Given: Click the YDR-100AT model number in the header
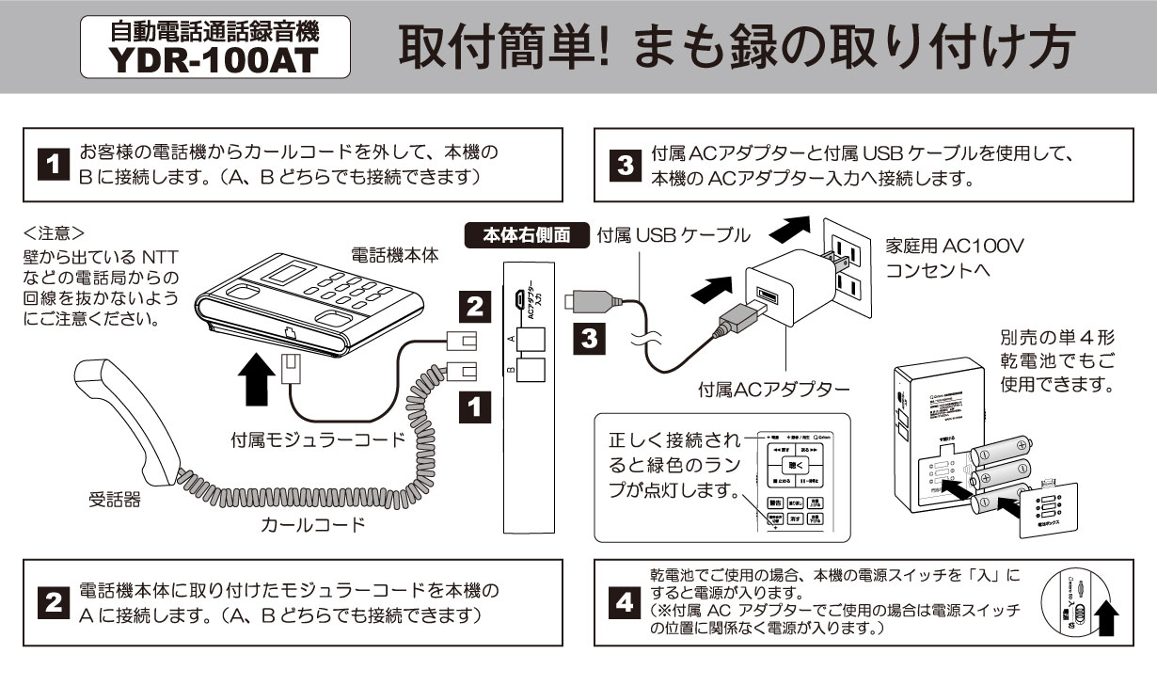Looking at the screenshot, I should (214, 59).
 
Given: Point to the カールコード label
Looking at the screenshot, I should (312, 524).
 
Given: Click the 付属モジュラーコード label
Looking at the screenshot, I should (318, 439).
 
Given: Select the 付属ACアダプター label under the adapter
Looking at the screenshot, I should (773, 388).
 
